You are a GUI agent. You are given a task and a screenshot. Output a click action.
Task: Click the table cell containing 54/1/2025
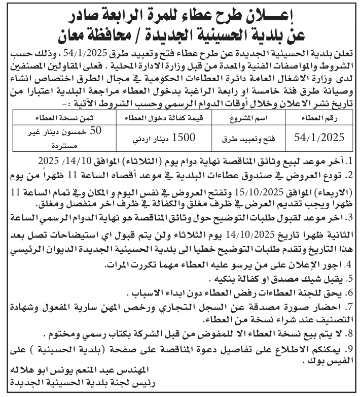pyautogui.click(x=319, y=137)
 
